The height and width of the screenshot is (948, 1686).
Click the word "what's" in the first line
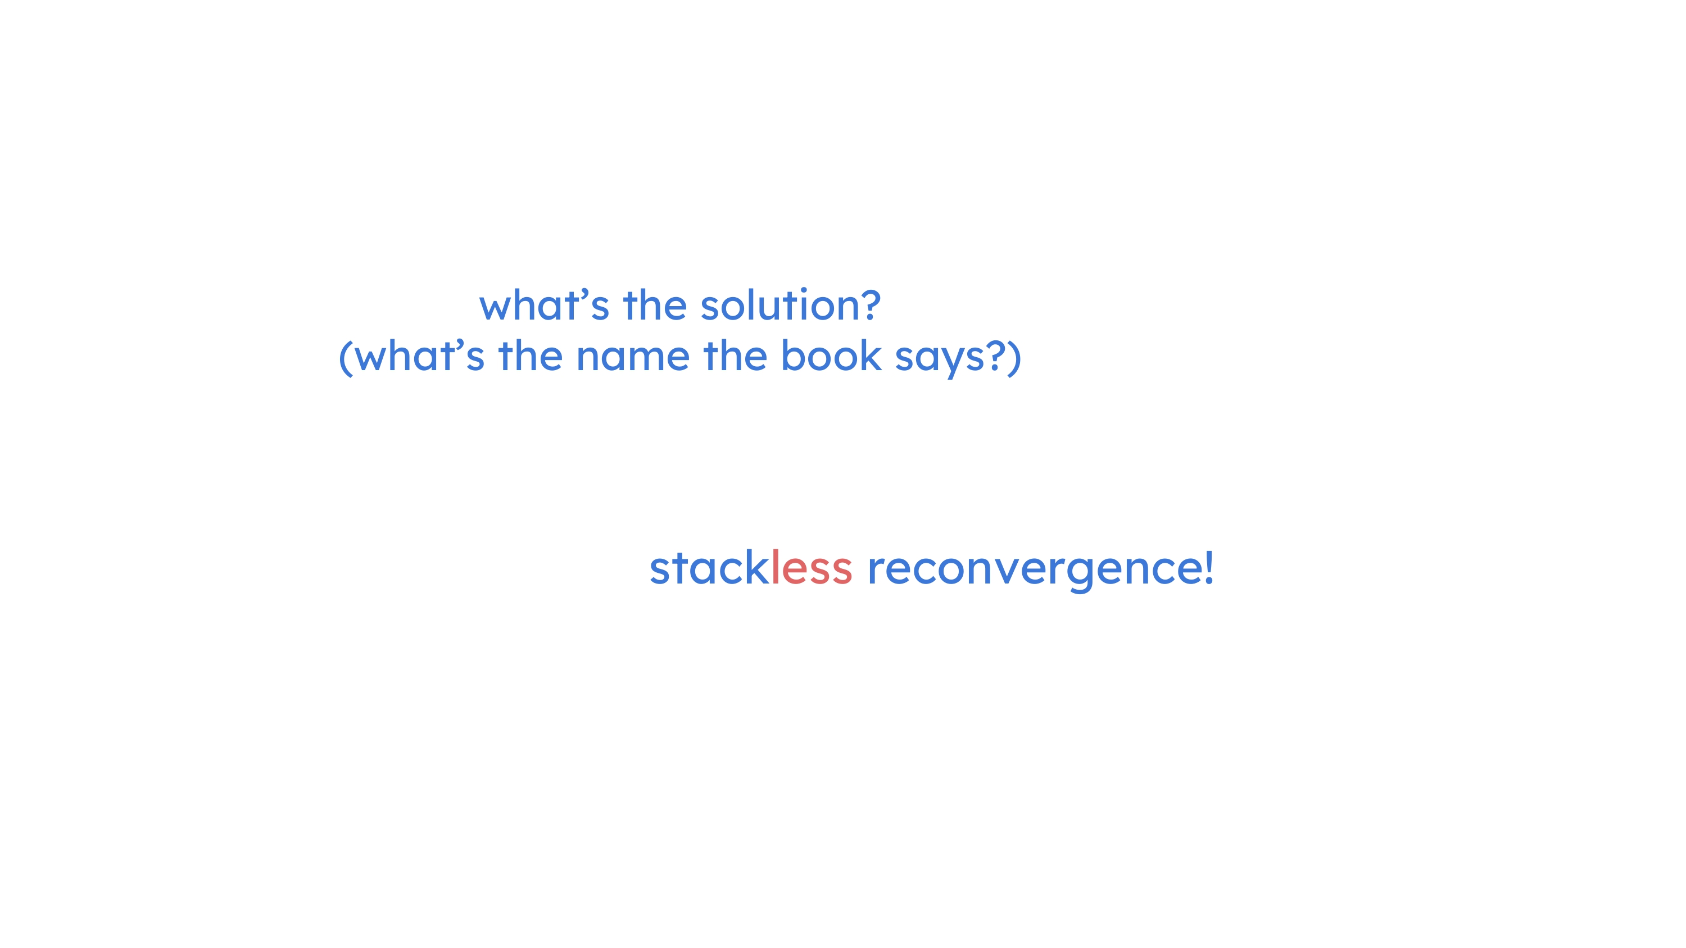click(545, 305)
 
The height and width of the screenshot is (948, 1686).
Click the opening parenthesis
click(346, 358)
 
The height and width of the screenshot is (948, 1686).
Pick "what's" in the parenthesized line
click(420, 357)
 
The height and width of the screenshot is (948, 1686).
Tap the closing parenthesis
click(1014, 358)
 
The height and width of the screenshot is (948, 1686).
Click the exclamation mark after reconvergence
click(1209, 567)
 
